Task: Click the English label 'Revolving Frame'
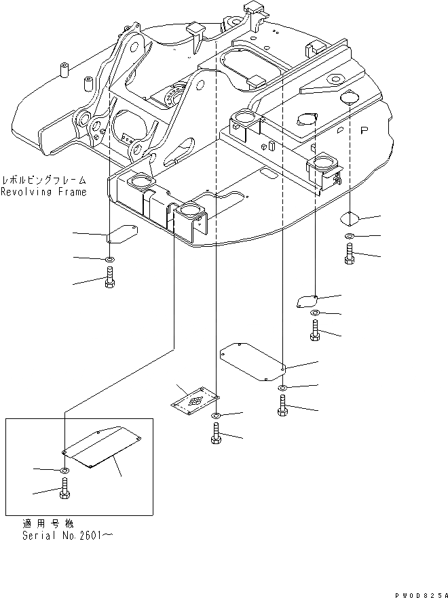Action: (x=43, y=193)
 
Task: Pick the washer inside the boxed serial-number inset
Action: (x=64, y=471)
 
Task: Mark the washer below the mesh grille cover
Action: (x=215, y=415)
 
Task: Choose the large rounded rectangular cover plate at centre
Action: (x=252, y=360)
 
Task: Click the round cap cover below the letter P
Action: (x=349, y=218)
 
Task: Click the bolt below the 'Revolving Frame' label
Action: (x=109, y=278)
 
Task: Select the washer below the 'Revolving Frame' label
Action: (x=109, y=259)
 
